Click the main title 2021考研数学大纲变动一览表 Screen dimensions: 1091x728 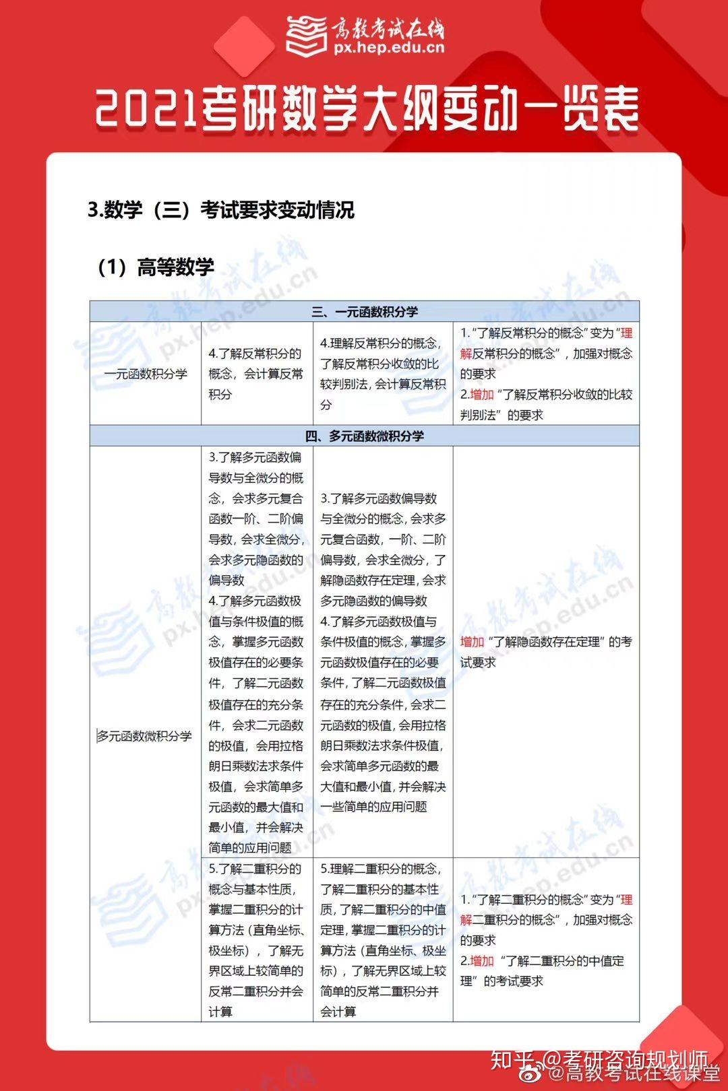point(367,109)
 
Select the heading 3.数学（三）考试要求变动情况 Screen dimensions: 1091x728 point(221,210)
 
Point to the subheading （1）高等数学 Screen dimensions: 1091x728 point(156,267)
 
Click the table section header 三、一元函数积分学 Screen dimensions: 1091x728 point(365,312)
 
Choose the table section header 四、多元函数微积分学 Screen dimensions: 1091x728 point(365,436)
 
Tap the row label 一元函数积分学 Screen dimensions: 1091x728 point(146,374)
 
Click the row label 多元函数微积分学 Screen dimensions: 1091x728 point(145,736)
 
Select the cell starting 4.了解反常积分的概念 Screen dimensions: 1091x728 point(256,374)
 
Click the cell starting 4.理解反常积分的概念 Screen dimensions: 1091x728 point(382,374)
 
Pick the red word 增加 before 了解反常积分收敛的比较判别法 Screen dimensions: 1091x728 point(482,395)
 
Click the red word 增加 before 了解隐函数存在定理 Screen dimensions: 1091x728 point(472,642)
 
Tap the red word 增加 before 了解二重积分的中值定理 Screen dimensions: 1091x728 point(482,961)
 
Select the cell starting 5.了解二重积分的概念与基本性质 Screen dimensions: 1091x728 point(256,940)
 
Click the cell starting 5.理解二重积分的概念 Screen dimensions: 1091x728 point(382,940)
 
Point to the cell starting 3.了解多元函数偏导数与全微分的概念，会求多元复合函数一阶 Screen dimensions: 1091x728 point(256,519)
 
